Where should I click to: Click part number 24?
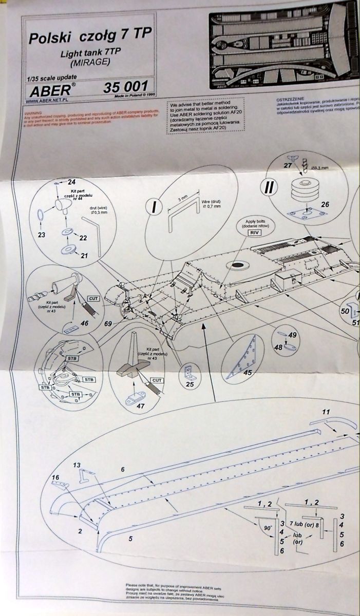71,181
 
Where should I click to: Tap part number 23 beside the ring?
41,235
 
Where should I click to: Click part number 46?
84,323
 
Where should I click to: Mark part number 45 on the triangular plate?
247,373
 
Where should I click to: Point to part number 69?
108,324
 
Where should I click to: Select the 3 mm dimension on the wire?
182,197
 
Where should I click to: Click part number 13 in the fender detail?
77,465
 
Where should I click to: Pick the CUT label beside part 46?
93,298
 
